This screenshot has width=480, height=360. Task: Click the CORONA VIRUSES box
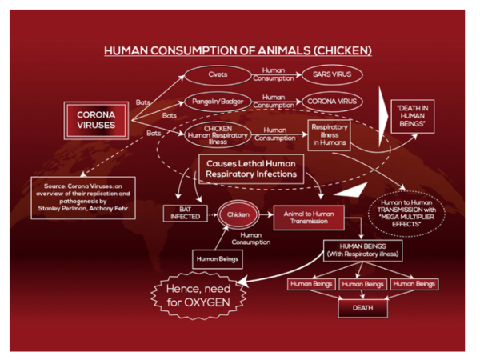point(96,120)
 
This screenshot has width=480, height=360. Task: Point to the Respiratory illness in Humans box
point(330,135)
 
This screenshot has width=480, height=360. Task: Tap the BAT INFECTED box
point(186,213)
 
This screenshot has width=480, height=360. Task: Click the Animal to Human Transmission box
point(309,218)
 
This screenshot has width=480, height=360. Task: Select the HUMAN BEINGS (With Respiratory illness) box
point(362,250)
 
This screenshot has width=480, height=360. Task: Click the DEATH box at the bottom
point(362,308)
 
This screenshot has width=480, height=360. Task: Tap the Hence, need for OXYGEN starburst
point(198,296)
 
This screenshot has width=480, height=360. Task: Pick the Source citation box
point(83,198)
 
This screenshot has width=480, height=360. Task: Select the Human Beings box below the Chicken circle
point(218,259)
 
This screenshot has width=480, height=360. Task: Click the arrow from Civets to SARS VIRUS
point(277,74)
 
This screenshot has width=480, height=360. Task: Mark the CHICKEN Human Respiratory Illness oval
point(218,135)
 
